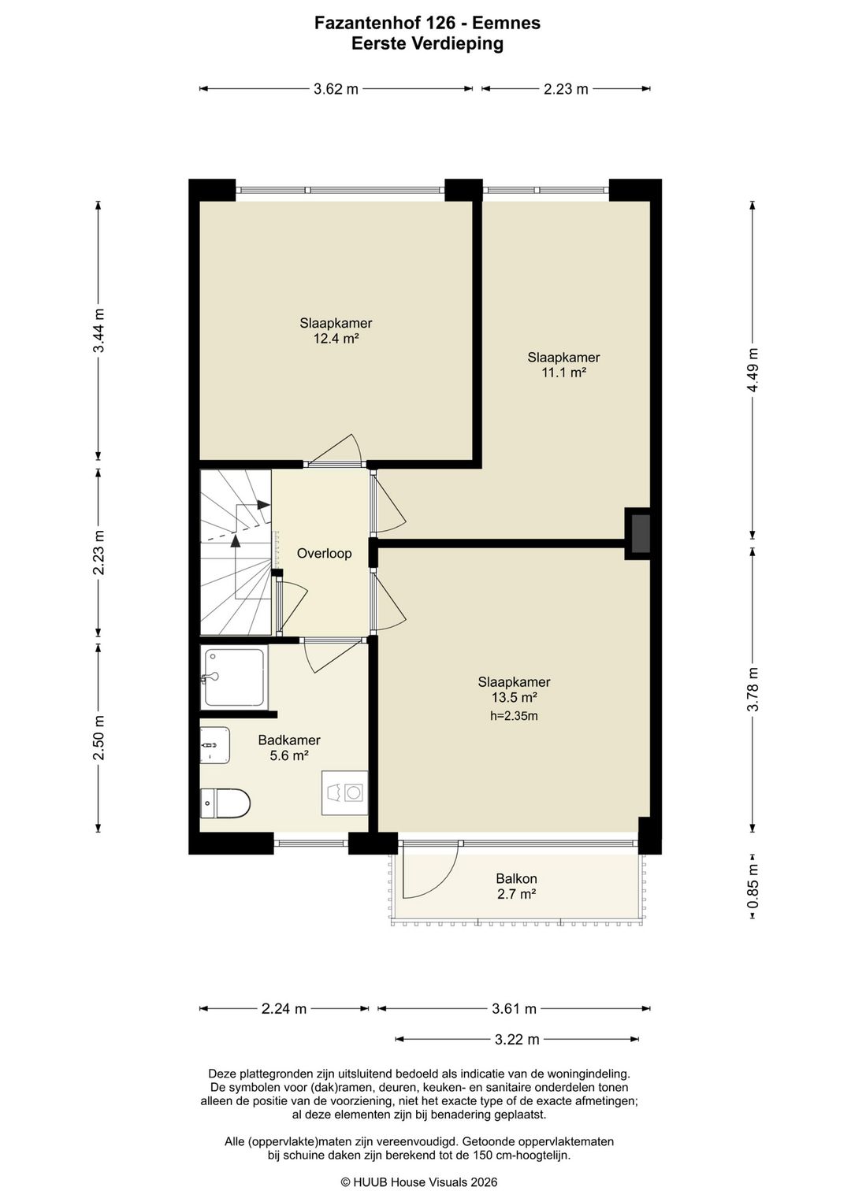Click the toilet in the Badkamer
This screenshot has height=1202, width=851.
coord(225,803)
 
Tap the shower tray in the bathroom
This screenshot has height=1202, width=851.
coord(233,677)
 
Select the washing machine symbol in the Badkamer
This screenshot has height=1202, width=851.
coord(344,793)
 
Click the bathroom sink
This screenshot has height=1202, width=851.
coord(215,745)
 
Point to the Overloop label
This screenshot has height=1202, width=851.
coord(325,553)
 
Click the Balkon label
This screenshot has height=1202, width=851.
coord(516,878)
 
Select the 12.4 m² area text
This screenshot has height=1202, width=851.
coord(336,339)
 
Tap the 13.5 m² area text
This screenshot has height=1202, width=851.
coord(515,697)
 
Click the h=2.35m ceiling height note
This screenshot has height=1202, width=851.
coord(514,716)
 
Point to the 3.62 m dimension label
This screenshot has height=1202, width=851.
coord(336,89)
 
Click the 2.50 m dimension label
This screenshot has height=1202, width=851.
coord(98,738)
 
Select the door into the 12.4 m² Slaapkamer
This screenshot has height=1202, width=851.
coord(335,451)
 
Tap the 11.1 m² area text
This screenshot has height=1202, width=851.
coord(563,373)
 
